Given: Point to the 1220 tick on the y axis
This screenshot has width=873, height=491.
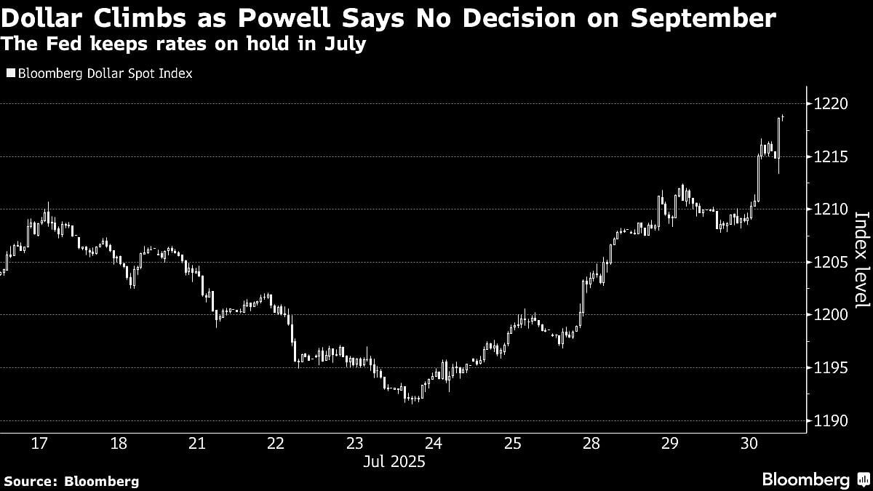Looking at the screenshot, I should point(830,104).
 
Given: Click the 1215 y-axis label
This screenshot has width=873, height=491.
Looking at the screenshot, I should point(830,157).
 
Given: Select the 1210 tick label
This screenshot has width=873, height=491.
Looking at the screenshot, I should point(830,209).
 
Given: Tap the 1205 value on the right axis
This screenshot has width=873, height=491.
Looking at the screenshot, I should point(830,263).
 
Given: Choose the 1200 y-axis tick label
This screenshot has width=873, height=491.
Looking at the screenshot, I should point(830,315).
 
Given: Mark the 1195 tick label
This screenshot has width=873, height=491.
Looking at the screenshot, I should point(830,368).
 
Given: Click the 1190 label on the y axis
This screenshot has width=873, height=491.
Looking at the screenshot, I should point(830,421).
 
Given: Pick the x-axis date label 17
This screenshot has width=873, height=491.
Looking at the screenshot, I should point(39,444).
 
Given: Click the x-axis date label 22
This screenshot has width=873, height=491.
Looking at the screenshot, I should point(276,444).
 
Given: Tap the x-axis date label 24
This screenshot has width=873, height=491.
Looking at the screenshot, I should point(434,444).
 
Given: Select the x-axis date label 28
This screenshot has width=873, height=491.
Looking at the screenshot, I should point(591,444).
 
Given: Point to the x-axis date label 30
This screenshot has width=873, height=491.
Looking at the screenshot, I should point(749,444).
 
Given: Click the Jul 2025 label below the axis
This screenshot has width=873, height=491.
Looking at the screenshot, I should point(394,462).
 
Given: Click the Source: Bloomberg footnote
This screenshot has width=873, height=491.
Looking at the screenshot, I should point(71,481).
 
